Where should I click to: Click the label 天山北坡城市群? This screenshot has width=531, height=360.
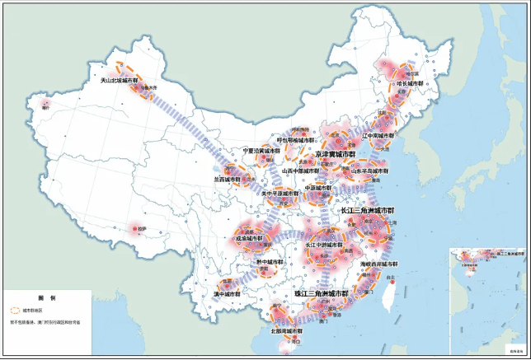(115, 81)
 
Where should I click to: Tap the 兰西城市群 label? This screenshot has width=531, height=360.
(228, 178)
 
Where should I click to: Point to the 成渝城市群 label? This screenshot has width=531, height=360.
(249, 238)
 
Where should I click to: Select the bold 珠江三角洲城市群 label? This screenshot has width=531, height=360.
(322, 293)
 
